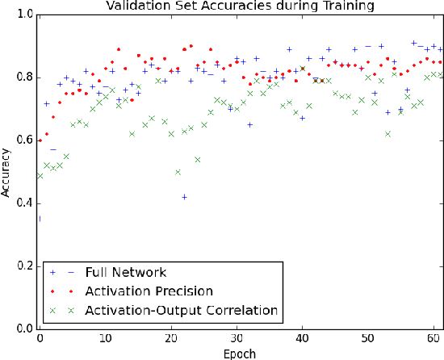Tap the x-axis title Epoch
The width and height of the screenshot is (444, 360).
pyautogui.click(x=240, y=352)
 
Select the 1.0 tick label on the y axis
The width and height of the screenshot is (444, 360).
pyautogui.click(x=25, y=15)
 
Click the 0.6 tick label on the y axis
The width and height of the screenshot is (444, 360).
pyautogui.click(x=25, y=140)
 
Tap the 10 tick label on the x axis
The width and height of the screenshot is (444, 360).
pyautogui.click(x=105, y=339)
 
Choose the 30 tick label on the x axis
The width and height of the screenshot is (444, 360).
pyautogui.click(x=236, y=339)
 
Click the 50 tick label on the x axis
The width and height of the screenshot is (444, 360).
pyautogui.click(x=367, y=339)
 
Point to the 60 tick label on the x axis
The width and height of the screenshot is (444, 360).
pyautogui.click(x=432, y=339)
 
